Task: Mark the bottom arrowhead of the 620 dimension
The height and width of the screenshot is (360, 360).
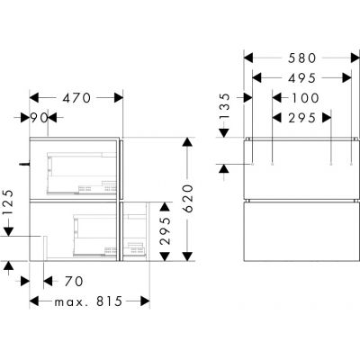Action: tap(187, 263)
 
